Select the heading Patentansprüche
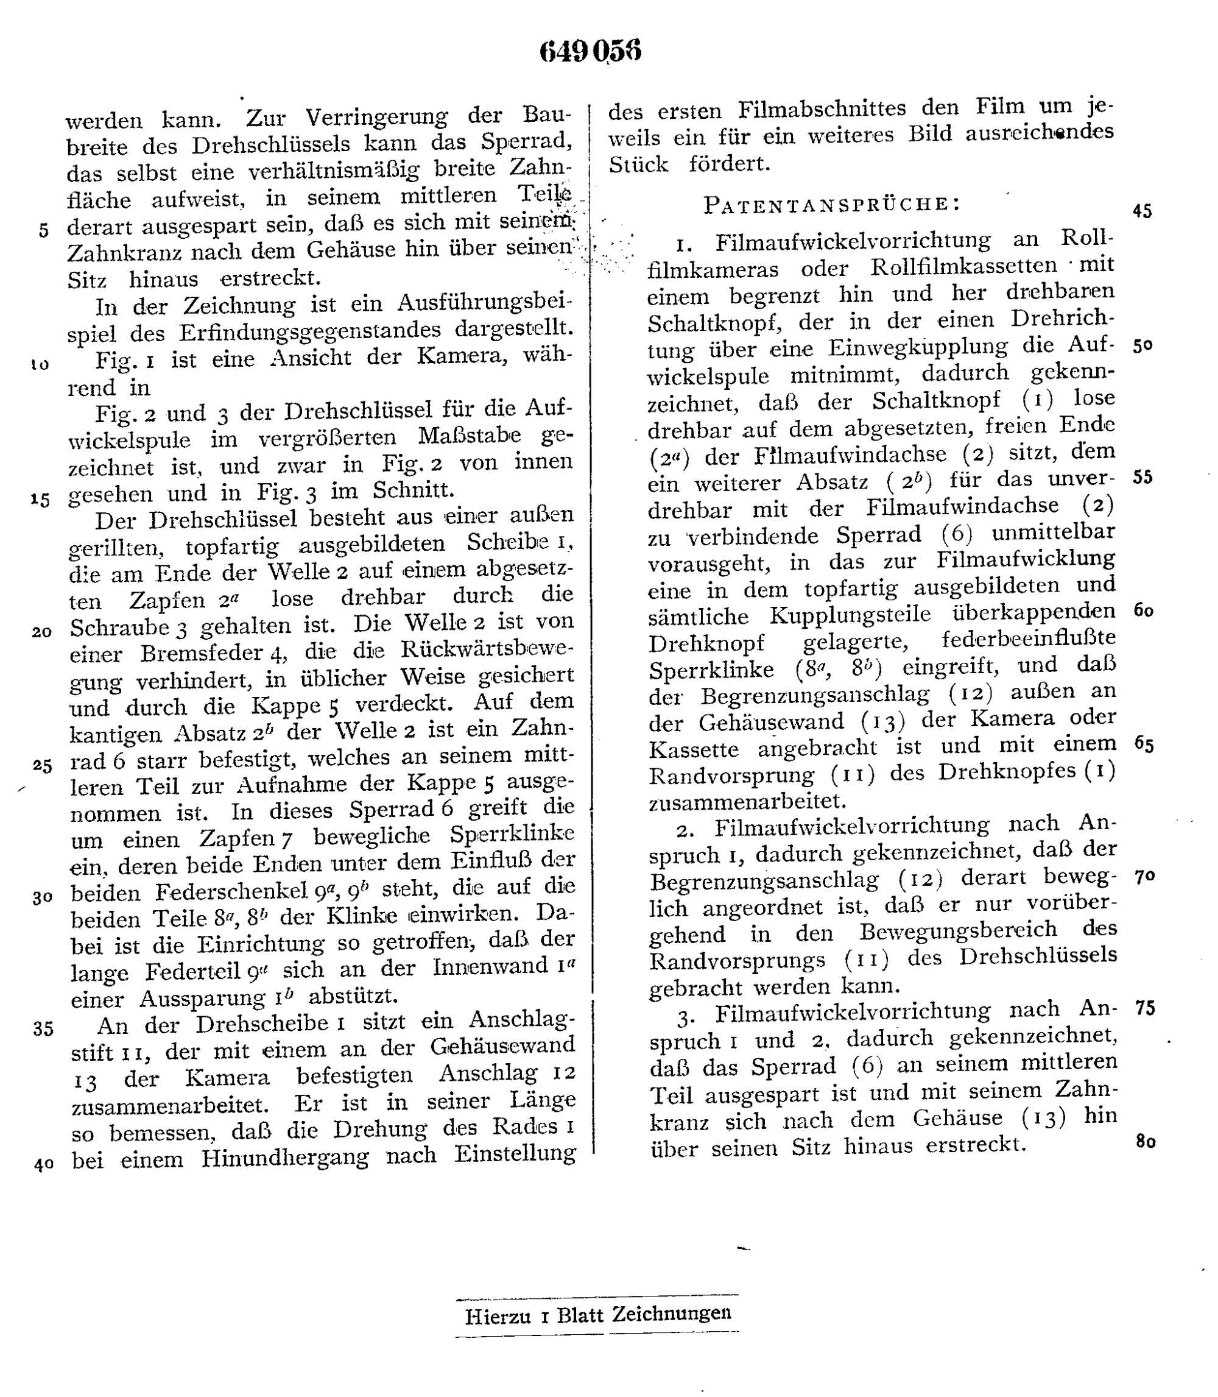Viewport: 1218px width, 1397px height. (x=832, y=204)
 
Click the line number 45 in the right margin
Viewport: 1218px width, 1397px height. (x=1142, y=211)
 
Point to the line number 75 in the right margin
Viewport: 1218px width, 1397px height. (x=1146, y=1008)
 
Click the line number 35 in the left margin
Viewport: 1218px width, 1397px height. (x=43, y=1028)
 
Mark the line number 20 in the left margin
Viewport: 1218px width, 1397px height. (x=41, y=632)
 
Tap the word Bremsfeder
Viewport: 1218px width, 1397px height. (x=205, y=653)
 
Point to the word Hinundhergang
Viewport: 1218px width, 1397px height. (x=285, y=1158)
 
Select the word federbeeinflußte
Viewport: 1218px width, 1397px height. (x=1029, y=639)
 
